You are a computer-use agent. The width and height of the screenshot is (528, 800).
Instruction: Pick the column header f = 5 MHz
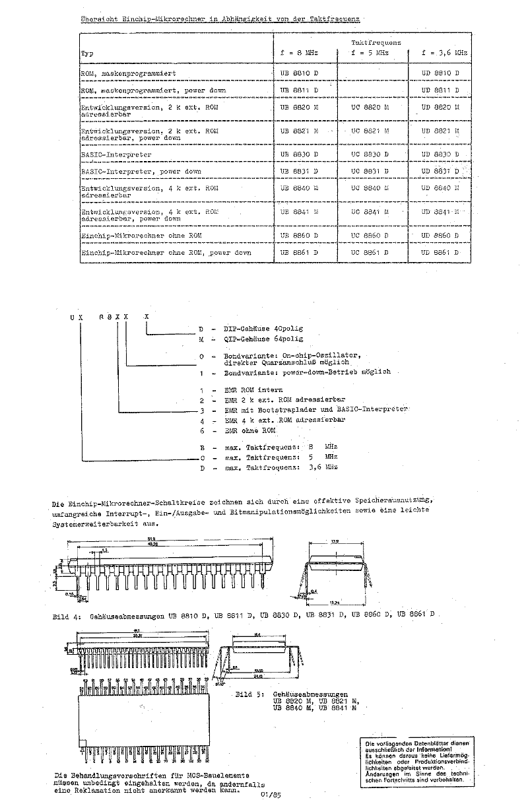click(x=370, y=52)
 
